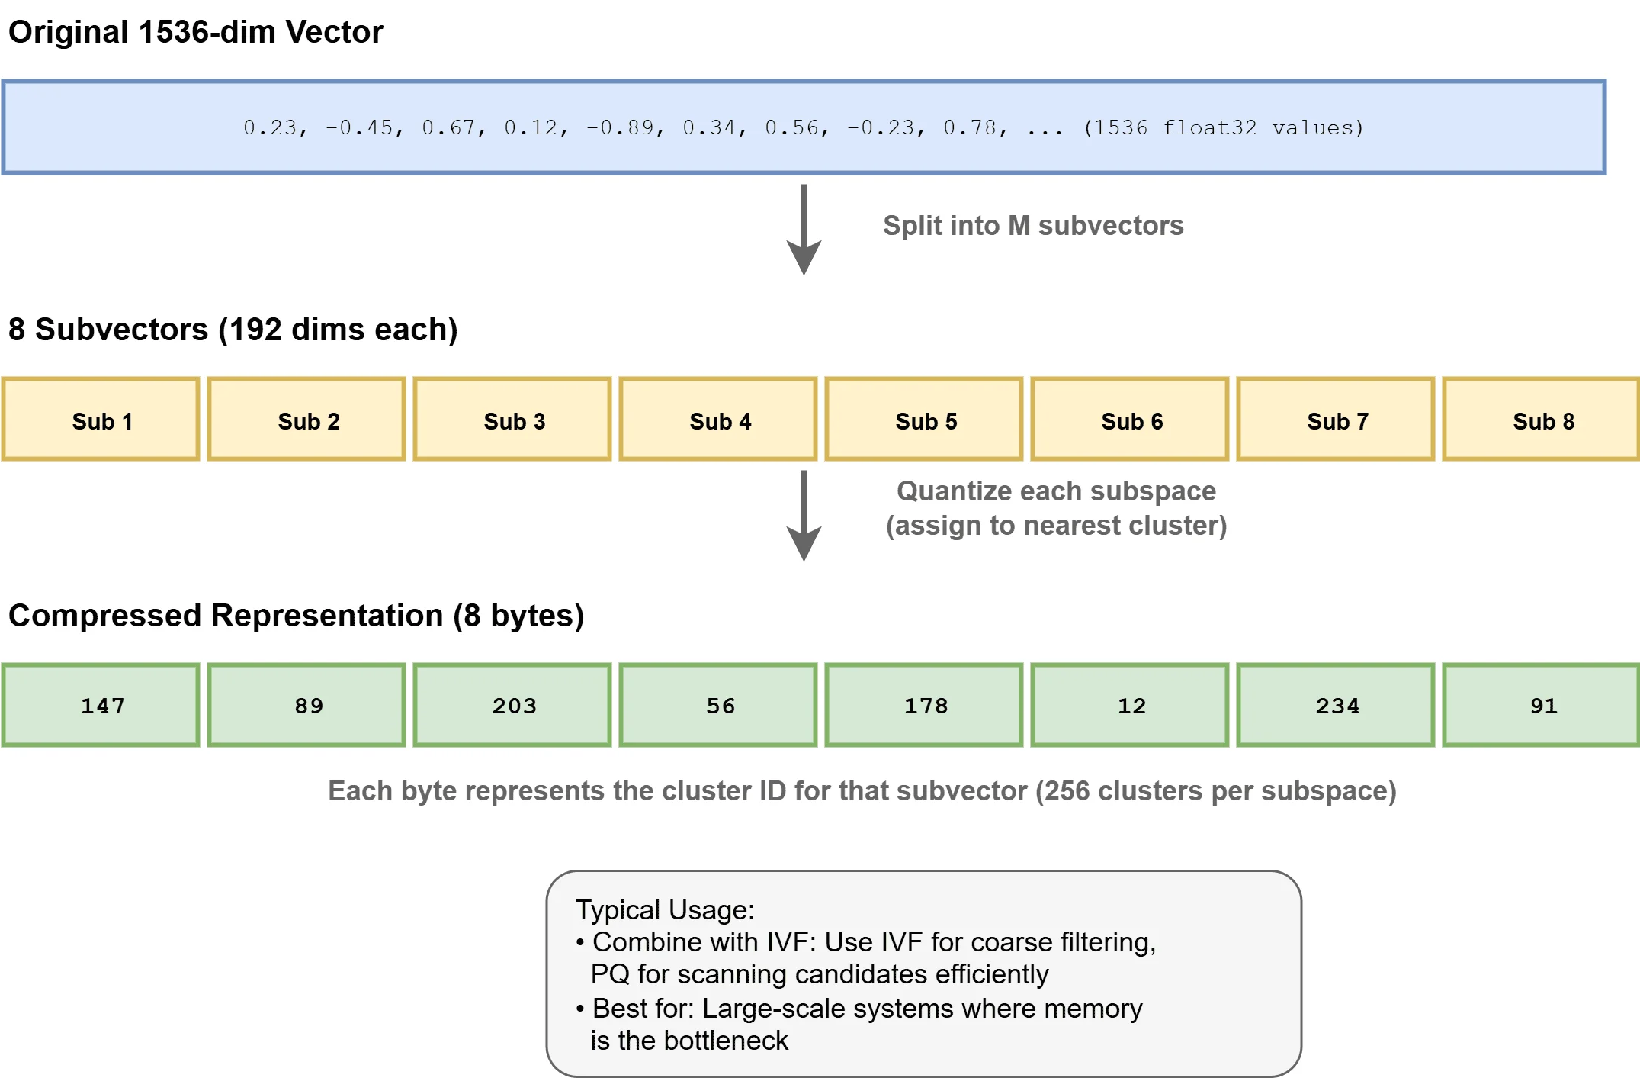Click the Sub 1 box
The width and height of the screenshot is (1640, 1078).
click(x=101, y=420)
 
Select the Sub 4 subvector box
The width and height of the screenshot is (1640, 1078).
click(x=718, y=420)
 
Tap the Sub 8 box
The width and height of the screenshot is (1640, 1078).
click(x=1541, y=420)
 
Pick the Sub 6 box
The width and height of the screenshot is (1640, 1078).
click(x=1130, y=420)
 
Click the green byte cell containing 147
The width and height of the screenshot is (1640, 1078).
click(x=101, y=705)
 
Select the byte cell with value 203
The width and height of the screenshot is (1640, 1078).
click(x=512, y=705)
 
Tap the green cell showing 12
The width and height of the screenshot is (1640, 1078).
click(x=1130, y=705)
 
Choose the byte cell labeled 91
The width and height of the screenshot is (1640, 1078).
click(x=1541, y=705)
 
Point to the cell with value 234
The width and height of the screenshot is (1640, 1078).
click(x=1336, y=705)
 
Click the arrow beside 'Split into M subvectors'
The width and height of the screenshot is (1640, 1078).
click(x=804, y=229)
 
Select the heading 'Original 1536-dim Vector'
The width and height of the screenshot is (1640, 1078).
click(x=195, y=32)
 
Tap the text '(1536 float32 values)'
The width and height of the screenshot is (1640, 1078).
click(x=1223, y=127)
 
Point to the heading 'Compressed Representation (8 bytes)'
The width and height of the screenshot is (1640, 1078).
click(x=296, y=615)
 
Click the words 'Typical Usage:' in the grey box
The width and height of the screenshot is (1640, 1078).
click(x=664, y=909)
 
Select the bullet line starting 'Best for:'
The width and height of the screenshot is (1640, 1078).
click(x=866, y=1009)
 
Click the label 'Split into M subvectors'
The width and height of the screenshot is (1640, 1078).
click(x=1032, y=226)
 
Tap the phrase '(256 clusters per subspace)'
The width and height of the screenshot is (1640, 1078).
click(x=1215, y=791)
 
